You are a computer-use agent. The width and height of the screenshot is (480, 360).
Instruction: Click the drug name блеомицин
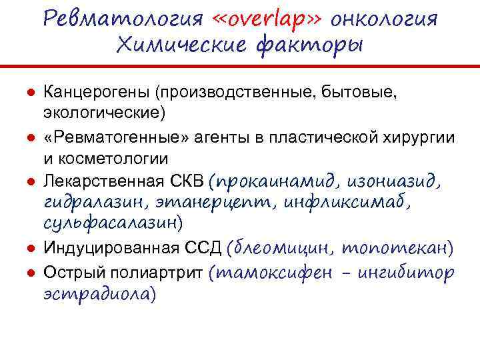pos(284,249)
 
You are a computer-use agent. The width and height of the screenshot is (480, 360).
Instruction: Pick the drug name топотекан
pos(397,249)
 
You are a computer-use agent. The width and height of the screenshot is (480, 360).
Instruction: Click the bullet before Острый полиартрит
pos(31,272)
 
